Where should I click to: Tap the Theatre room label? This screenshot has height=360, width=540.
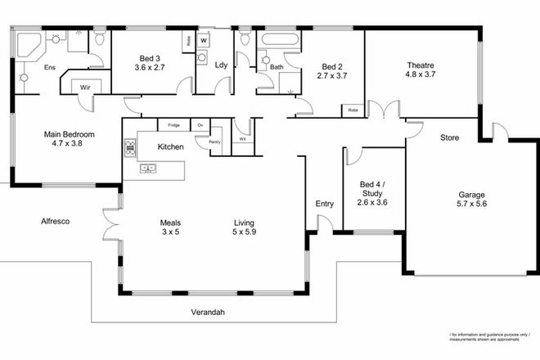tap(420, 70)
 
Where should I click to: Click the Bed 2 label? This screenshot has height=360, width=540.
tap(332, 70)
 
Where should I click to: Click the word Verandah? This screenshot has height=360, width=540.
tap(209, 313)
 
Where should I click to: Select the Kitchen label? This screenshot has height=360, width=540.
tap(170, 147)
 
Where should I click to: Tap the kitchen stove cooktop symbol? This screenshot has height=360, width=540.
tap(129, 147)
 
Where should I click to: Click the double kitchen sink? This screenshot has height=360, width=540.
tap(149, 169)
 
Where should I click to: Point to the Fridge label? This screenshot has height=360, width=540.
tap(173, 125)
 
